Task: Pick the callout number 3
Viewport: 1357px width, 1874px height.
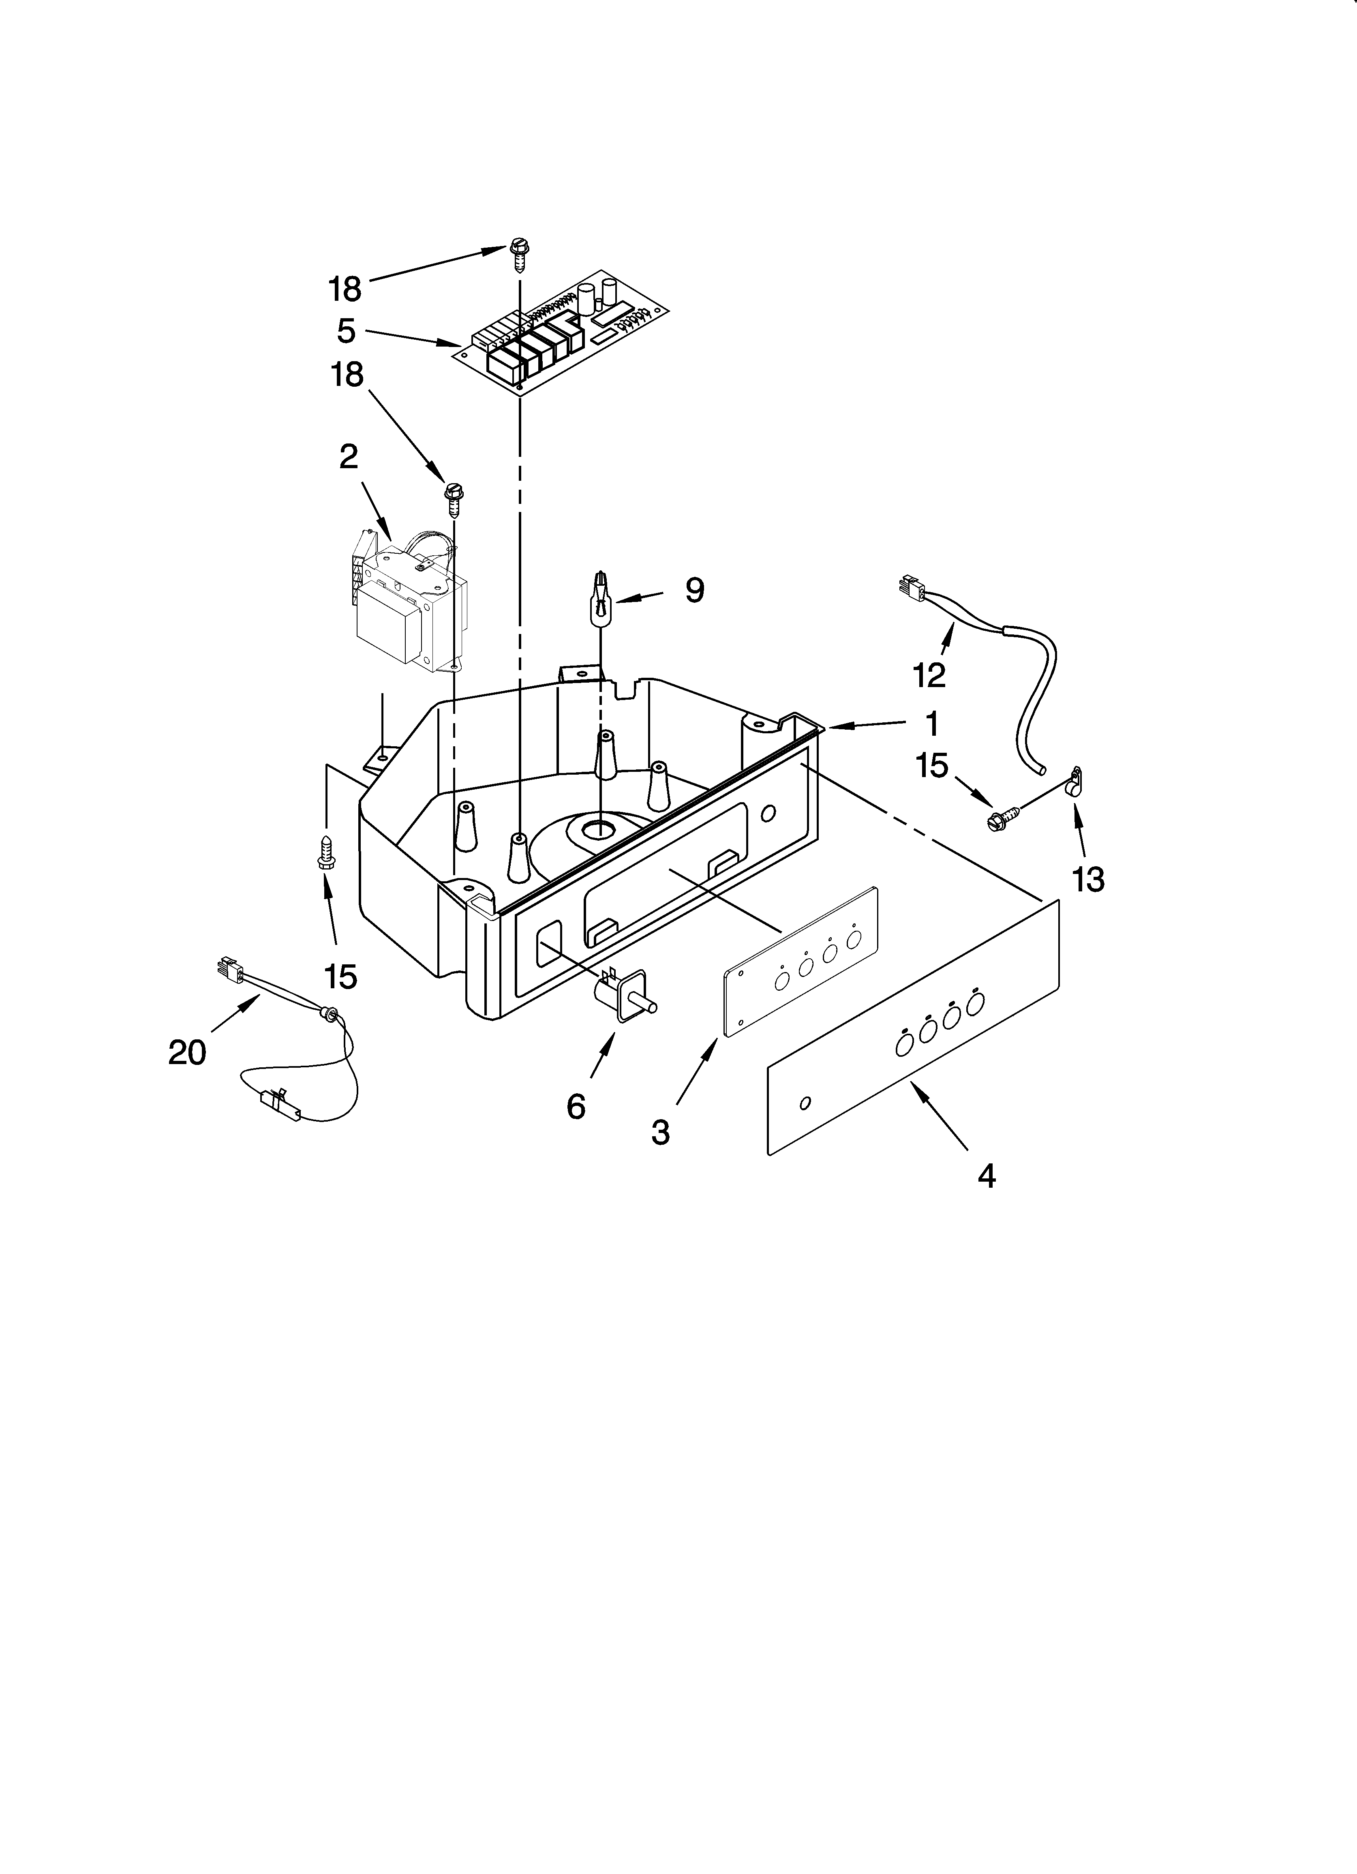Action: (x=660, y=1131)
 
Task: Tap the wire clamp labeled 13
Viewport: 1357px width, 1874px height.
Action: (x=1074, y=780)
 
